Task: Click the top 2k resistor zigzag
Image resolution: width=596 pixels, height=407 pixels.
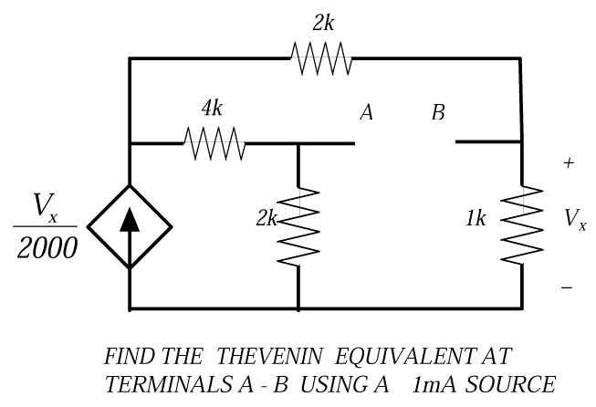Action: click(321, 59)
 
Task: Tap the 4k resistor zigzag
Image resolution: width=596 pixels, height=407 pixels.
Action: click(213, 142)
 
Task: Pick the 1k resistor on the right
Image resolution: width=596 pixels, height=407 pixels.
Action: click(522, 225)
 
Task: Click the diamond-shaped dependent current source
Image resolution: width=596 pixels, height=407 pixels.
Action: click(131, 225)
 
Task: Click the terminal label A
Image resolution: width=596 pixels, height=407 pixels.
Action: click(366, 113)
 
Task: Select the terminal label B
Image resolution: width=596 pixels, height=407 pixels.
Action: click(438, 113)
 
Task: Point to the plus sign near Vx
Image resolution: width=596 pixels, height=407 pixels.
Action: click(569, 163)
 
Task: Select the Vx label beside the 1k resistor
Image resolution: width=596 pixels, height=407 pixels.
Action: click(575, 219)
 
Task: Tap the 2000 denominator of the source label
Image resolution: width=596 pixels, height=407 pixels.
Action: click(47, 249)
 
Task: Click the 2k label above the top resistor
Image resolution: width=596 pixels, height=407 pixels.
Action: click(322, 24)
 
